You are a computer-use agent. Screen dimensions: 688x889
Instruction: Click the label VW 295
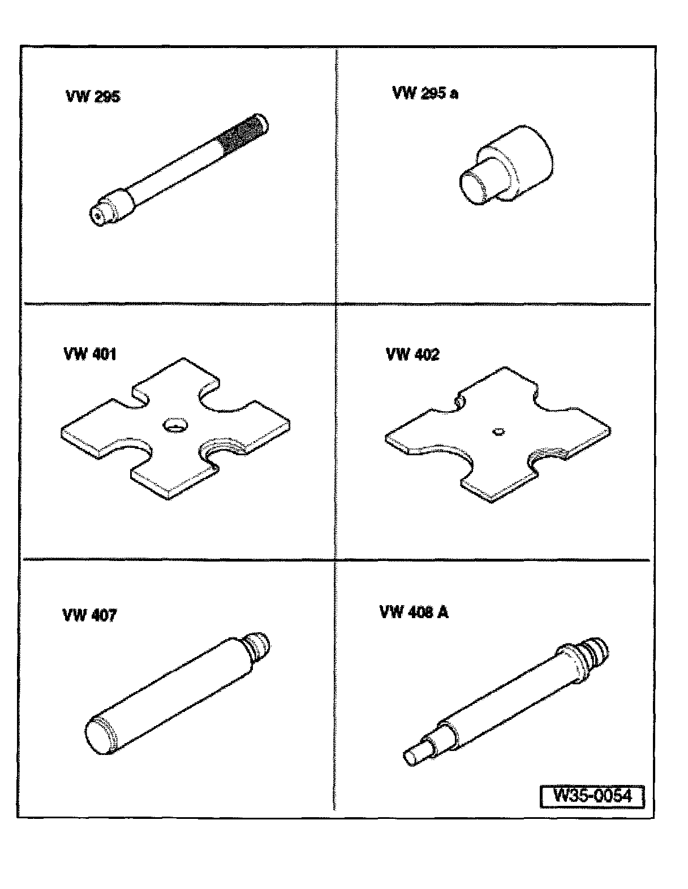(x=93, y=97)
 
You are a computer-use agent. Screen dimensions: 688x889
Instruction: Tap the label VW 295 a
(x=425, y=93)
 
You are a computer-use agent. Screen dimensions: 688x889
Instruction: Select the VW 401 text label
(x=90, y=354)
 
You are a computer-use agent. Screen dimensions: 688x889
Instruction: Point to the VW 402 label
(x=412, y=354)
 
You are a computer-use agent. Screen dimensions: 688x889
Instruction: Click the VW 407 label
(x=89, y=615)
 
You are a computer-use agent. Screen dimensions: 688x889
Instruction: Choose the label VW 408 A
(x=414, y=612)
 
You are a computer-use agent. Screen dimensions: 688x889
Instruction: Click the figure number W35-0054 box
(x=592, y=796)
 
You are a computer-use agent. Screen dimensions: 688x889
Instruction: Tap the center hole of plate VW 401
(x=175, y=425)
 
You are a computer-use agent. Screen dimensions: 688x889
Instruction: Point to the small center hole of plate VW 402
(x=498, y=431)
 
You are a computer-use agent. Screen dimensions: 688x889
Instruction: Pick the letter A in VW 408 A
(x=443, y=612)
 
